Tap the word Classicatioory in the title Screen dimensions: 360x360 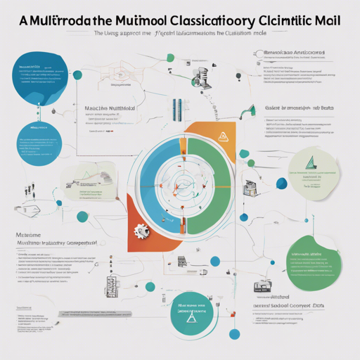click(184, 20)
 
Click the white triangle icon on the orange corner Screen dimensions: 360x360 click(223, 136)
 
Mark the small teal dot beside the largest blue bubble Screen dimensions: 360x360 click(77, 75)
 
